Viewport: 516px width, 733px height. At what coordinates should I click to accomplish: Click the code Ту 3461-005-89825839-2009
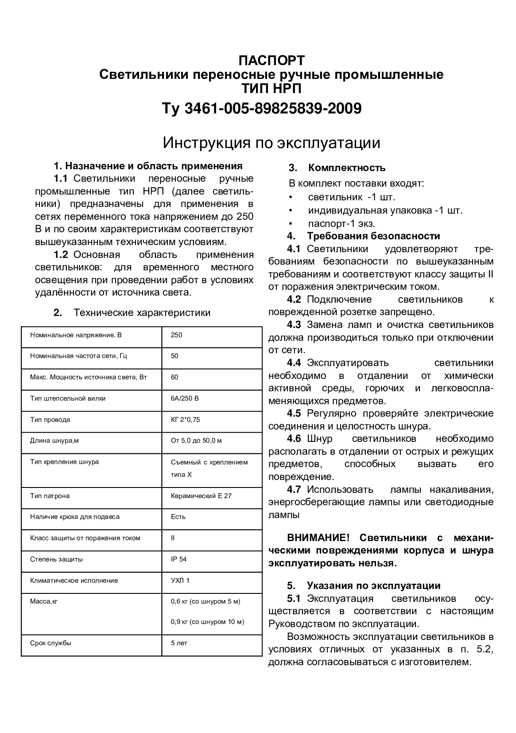(x=262, y=108)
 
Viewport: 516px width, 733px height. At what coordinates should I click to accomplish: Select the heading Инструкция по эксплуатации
(x=271, y=143)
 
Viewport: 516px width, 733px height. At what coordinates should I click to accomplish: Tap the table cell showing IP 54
(x=178, y=559)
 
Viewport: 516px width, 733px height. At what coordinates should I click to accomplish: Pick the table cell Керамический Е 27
(x=201, y=496)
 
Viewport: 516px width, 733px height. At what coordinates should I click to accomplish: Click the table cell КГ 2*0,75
(x=185, y=420)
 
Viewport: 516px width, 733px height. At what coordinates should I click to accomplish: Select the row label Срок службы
(x=50, y=643)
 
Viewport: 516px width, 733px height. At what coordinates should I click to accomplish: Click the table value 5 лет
(x=179, y=643)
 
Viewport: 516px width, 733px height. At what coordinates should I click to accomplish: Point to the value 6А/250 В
(x=185, y=398)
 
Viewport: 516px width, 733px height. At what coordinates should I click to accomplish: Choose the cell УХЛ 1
(x=180, y=581)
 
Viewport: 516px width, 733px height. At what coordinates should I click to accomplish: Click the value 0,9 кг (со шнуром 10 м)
(x=207, y=622)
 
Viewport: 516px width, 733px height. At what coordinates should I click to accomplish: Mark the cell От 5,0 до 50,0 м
(x=196, y=441)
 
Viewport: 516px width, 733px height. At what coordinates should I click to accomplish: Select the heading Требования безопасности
(x=373, y=236)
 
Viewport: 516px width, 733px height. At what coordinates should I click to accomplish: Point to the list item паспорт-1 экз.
(x=341, y=224)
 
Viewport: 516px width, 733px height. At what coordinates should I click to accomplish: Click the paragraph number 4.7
(x=294, y=490)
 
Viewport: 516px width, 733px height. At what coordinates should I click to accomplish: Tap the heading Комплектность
(x=346, y=168)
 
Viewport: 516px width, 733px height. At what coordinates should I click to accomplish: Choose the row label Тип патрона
(x=50, y=496)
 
